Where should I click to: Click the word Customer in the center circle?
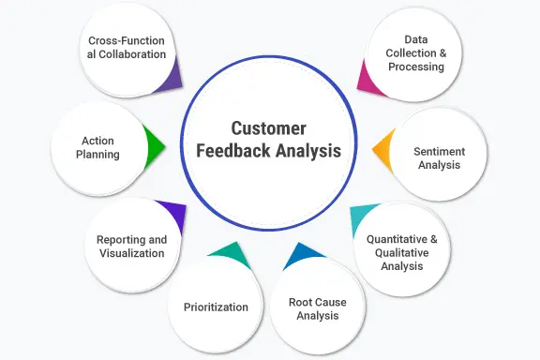click(268, 128)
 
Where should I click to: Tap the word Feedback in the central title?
click(233, 151)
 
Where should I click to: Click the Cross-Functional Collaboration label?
click(127, 48)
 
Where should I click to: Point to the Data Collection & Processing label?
click(416, 53)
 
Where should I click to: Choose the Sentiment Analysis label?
click(439, 158)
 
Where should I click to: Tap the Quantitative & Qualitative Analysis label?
click(402, 252)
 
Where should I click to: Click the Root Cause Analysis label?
click(318, 309)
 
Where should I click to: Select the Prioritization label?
click(216, 307)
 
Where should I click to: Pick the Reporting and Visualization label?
click(131, 247)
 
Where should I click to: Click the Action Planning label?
click(97, 147)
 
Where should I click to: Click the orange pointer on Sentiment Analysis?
click(382, 150)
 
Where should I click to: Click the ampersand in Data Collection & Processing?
click(442, 53)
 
